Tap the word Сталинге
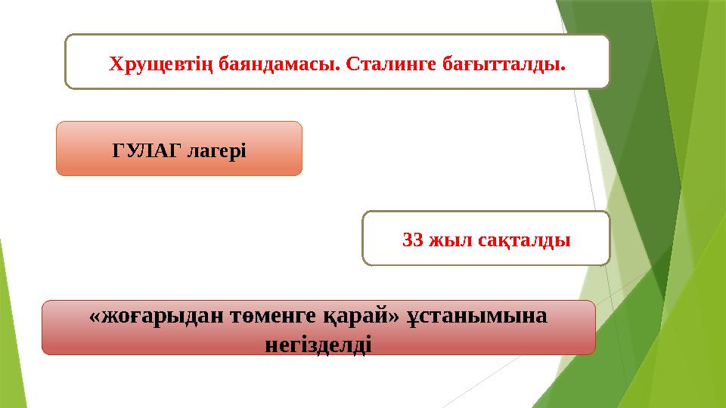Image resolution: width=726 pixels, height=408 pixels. pos(382,63)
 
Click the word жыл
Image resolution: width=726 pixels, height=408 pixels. pos(450,240)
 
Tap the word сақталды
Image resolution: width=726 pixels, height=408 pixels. pos(525,240)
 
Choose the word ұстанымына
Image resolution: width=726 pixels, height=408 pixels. pos(477,317)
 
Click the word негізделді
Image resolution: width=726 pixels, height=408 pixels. pos(318,345)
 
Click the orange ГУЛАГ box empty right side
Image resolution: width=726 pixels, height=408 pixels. pos(276,149)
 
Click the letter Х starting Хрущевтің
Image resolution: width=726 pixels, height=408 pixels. pos(116,63)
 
